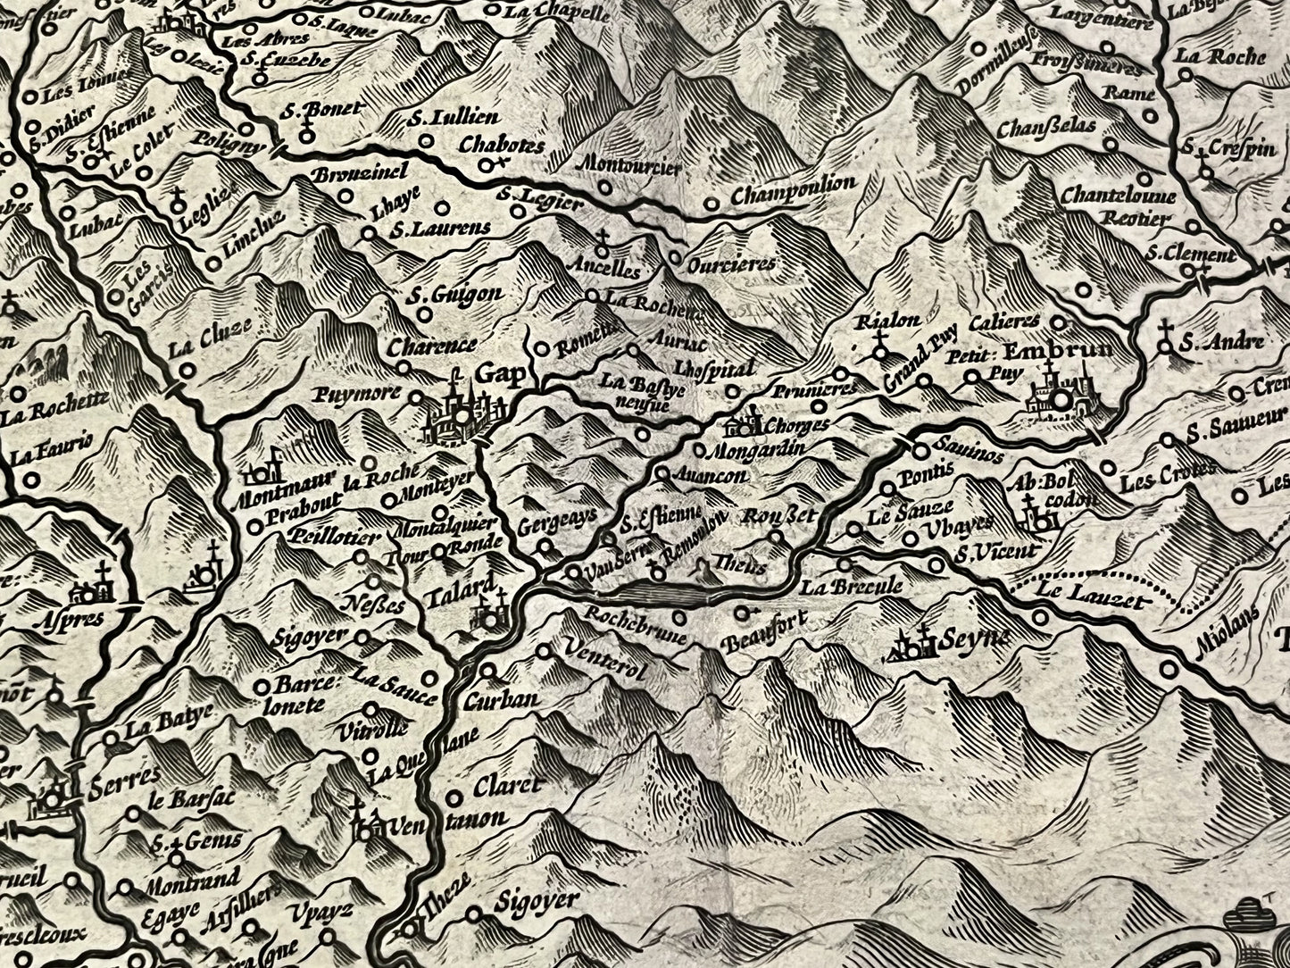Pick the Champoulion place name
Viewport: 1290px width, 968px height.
click(x=793, y=190)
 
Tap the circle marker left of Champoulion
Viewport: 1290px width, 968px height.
click(x=711, y=204)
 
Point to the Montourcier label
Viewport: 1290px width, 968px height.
click(x=631, y=165)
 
